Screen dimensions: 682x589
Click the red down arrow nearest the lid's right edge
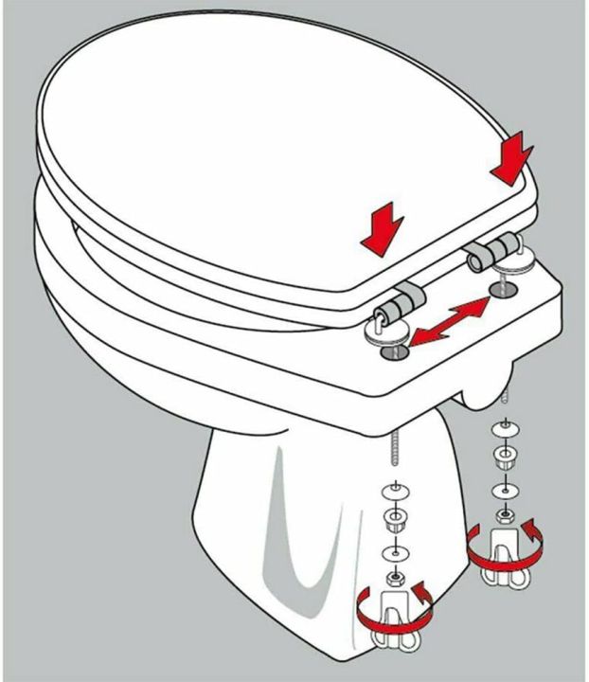[512, 159]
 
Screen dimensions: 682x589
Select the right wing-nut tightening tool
[503, 554]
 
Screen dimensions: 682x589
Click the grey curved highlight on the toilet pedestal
[284, 530]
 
